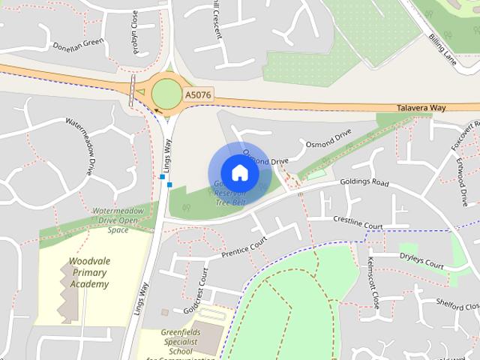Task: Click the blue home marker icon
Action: pos(238,173)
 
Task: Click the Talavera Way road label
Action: pos(421,108)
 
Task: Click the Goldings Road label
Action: pos(365,182)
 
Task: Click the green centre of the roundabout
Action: pos(166,93)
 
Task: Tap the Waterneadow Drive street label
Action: pos(82,143)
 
